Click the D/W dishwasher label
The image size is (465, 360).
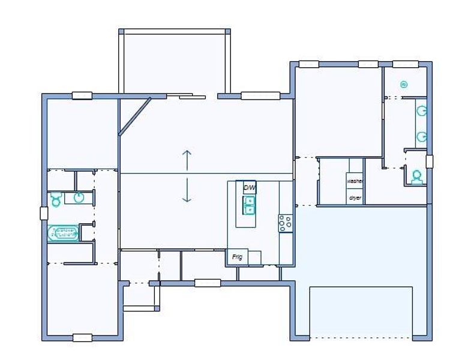tap(249, 188)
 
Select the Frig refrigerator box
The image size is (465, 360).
tap(238, 257)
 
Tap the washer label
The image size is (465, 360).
tap(355, 181)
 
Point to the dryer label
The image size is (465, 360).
tap(355, 197)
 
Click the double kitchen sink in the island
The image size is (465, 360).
tap(248, 205)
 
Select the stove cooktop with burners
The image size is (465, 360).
tap(285, 223)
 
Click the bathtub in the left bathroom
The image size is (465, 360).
tap(63, 232)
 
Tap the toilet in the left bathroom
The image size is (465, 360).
tap(56, 199)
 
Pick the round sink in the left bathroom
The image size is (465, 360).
tap(79, 197)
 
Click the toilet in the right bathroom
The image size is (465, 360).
tap(416, 176)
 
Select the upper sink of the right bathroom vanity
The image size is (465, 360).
tap(422, 111)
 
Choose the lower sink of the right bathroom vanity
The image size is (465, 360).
tap(422, 136)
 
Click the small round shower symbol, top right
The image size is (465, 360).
tap(404, 85)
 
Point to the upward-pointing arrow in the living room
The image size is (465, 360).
tap(187, 160)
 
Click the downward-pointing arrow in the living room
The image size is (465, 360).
tap(187, 190)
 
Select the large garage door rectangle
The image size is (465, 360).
tap(361, 311)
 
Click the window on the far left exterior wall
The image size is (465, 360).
tap(44, 213)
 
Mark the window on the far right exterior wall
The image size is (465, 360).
tap(429, 161)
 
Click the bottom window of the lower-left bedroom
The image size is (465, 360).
tap(82, 337)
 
